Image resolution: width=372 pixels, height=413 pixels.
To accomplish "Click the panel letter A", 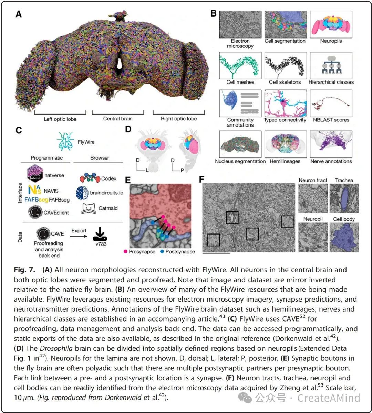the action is (x=19, y=14).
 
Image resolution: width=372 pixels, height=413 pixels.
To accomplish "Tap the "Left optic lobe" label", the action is (x=60, y=119).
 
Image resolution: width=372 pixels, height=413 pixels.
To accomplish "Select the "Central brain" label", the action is (x=118, y=119).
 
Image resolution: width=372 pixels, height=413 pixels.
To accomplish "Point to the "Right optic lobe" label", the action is (x=179, y=119).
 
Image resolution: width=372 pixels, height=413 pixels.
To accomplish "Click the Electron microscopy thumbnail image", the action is (x=240, y=24).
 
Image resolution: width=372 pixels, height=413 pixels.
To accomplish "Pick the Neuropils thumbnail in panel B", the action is (x=331, y=24).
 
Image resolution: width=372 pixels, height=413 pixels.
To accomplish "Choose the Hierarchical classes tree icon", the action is (x=331, y=65).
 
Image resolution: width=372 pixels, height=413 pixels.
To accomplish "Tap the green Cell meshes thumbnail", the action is (x=240, y=65).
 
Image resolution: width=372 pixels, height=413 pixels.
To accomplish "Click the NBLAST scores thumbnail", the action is (x=331, y=103).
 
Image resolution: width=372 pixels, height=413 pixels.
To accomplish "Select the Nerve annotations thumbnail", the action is (x=331, y=144).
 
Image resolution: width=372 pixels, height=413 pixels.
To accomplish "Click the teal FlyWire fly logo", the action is (x=65, y=141).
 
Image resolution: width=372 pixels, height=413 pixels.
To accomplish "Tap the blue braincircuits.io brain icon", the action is (x=82, y=193).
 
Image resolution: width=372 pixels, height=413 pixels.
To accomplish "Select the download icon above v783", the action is (x=101, y=234).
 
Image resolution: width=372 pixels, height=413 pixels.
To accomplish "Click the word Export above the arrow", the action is (x=79, y=231).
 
